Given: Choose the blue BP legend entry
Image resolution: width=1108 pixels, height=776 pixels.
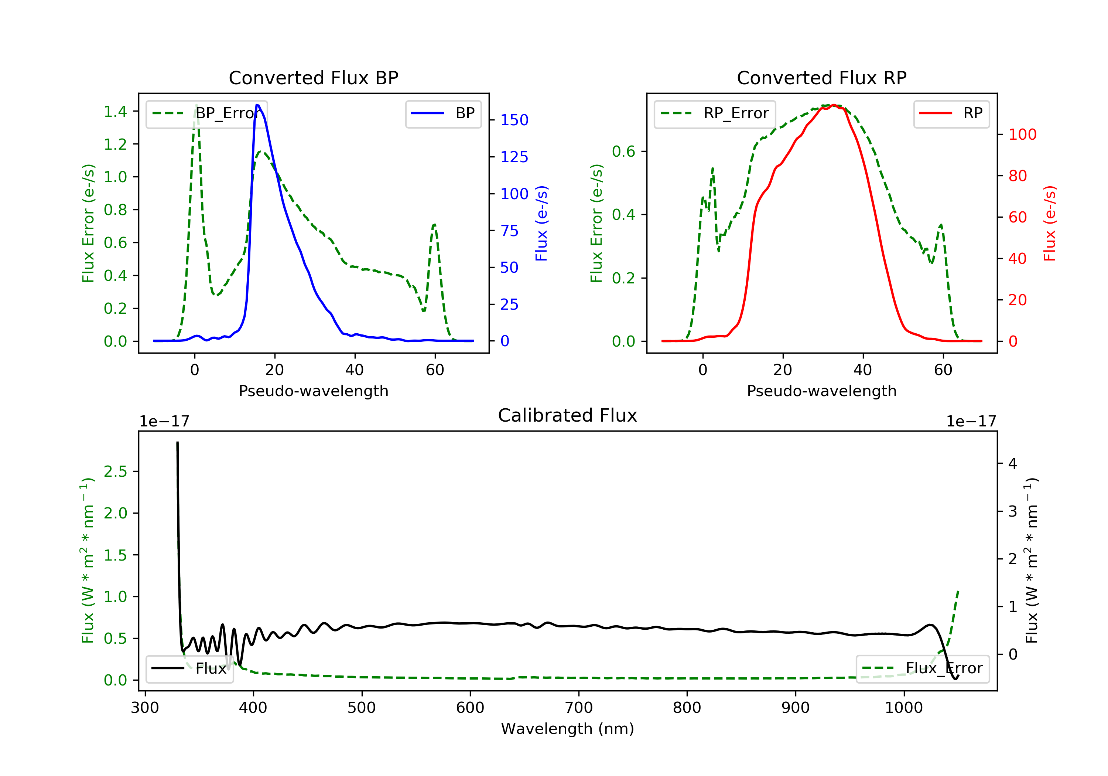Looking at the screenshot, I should [x=443, y=113].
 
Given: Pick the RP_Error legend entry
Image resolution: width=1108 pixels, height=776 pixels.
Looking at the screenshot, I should [x=715, y=113].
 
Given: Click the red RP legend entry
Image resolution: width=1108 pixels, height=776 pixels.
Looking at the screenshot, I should [x=951, y=113].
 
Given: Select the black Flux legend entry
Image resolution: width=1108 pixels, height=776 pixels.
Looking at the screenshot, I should [x=190, y=668].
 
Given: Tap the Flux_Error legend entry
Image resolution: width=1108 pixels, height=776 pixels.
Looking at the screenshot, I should [x=922, y=668].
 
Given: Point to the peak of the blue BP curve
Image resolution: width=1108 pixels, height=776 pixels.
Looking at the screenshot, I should [x=257, y=105].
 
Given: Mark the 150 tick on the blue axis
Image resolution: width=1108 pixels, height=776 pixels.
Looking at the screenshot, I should [x=514, y=120].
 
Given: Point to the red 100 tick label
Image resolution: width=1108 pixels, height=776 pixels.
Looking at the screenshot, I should [x=1022, y=135].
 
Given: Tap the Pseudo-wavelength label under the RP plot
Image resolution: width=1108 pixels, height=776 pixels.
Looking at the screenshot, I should [x=821, y=391].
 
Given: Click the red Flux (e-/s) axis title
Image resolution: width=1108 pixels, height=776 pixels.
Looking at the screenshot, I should [x=1050, y=224].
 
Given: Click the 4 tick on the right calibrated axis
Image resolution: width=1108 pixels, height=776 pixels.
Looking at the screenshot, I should [x=1012, y=464].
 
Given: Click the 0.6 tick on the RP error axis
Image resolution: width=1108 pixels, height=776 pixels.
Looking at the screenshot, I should [x=623, y=152].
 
